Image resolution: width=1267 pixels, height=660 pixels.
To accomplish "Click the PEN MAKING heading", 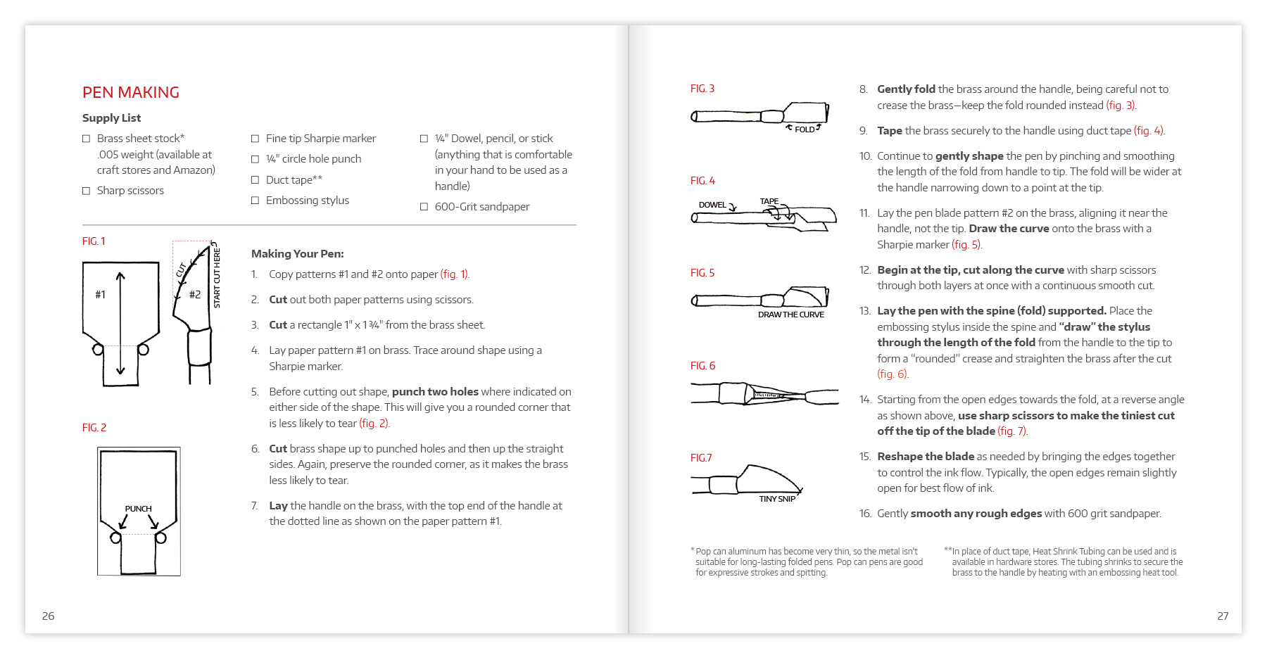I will pyautogui.click(x=131, y=92).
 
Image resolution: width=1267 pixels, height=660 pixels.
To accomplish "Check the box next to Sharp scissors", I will pyautogui.click(x=87, y=191).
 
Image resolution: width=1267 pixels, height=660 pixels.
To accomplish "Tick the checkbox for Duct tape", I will pyautogui.click(x=256, y=180).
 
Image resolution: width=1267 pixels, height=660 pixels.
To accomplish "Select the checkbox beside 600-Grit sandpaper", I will pyautogui.click(x=424, y=207).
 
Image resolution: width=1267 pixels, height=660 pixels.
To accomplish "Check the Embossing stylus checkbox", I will pyautogui.click(x=256, y=201).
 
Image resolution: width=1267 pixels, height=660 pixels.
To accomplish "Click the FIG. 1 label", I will pyautogui.click(x=94, y=241).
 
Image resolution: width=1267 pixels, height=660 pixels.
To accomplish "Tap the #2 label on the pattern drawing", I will pyautogui.click(x=195, y=295).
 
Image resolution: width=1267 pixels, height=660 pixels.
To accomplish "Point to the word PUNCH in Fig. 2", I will pyautogui.click(x=139, y=509).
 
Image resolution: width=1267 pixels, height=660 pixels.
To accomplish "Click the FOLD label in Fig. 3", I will pyautogui.click(x=805, y=129).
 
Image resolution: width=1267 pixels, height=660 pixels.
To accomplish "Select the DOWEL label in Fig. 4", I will pyautogui.click(x=712, y=205).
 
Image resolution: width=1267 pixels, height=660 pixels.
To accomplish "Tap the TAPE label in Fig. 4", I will pyautogui.click(x=769, y=201).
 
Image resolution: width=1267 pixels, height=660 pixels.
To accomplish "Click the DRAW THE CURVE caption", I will pyautogui.click(x=791, y=315).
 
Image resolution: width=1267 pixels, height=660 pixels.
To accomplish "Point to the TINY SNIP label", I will pyautogui.click(x=777, y=499).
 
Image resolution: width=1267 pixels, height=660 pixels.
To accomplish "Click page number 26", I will pyautogui.click(x=49, y=616).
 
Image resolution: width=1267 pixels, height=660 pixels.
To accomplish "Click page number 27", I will pyautogui.click(x=1223, y=616).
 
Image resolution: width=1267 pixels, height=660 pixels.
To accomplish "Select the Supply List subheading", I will pyautogui.click(x=111, y=118).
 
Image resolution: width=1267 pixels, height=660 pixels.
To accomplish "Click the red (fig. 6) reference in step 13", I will pyautogui.click(x=893, y=374).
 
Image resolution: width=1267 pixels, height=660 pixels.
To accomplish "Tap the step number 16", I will pyautogui.click(x=865, y=514).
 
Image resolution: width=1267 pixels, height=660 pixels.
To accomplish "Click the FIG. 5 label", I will pyautogui.click(x=702, y=273).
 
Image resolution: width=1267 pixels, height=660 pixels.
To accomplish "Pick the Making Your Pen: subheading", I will pyautogui.click(x=298, y=254).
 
